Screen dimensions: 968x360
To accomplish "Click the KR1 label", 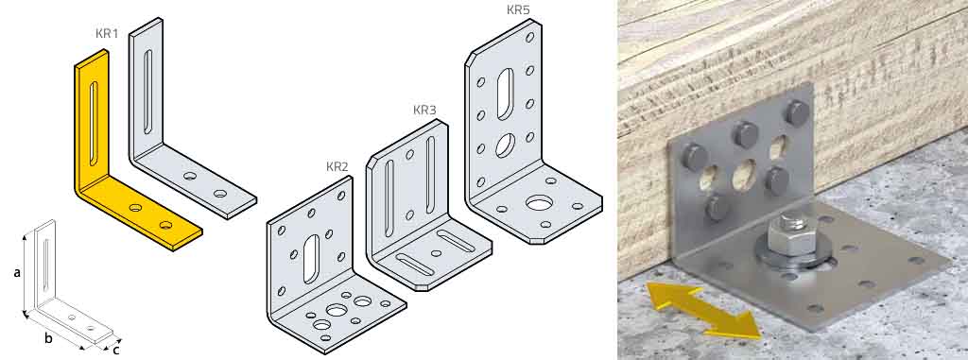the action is click(107, 33).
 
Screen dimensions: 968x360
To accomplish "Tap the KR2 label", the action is click(337, 166).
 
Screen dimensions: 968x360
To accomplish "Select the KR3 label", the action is click(424, 110).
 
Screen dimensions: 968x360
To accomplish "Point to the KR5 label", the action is click(519, 10).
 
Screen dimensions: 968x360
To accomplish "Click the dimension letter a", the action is click(16, 272).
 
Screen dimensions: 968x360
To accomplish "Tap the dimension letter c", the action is click(116, 351).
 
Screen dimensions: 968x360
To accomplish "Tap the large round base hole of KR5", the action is click(540, 203).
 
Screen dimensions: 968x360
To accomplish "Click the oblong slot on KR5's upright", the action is click(504, 93).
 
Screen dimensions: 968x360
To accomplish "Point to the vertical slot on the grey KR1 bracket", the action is click(147, 91).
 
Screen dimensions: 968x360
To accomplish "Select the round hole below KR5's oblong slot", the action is click(505, 144).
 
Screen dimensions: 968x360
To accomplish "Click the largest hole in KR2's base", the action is click(337, 310).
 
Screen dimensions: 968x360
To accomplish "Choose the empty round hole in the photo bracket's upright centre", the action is click(745, 174).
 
